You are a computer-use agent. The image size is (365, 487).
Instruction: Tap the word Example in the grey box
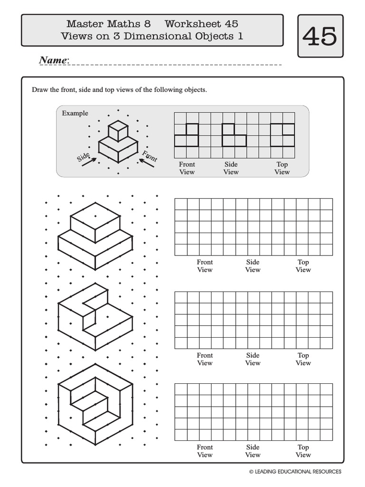75,113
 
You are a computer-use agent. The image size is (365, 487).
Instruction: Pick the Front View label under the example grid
187,168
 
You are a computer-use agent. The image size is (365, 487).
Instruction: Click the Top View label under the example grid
282,168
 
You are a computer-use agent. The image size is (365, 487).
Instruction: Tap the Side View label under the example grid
231,168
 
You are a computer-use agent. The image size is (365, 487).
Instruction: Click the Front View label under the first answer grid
205,266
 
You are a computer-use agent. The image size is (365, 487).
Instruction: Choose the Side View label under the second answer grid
253,359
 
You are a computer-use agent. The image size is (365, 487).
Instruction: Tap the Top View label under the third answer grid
303,451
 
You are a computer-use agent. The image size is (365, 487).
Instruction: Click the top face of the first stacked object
95,216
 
